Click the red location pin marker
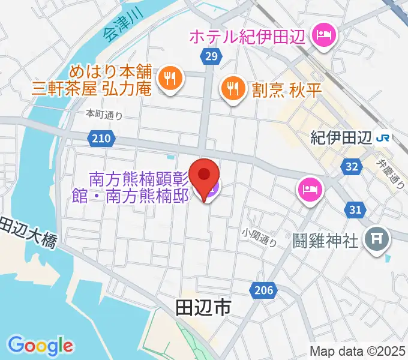tap(205, 175)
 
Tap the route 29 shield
tap(209, 56)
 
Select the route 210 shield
tap(101, 139)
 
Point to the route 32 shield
tap(352, 166)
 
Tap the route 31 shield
tap(355, 209)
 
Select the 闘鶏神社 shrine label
tap(326, 241)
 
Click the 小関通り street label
tap(259, 238)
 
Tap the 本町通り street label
tap(103, 113)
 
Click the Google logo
tap(41, 345)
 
